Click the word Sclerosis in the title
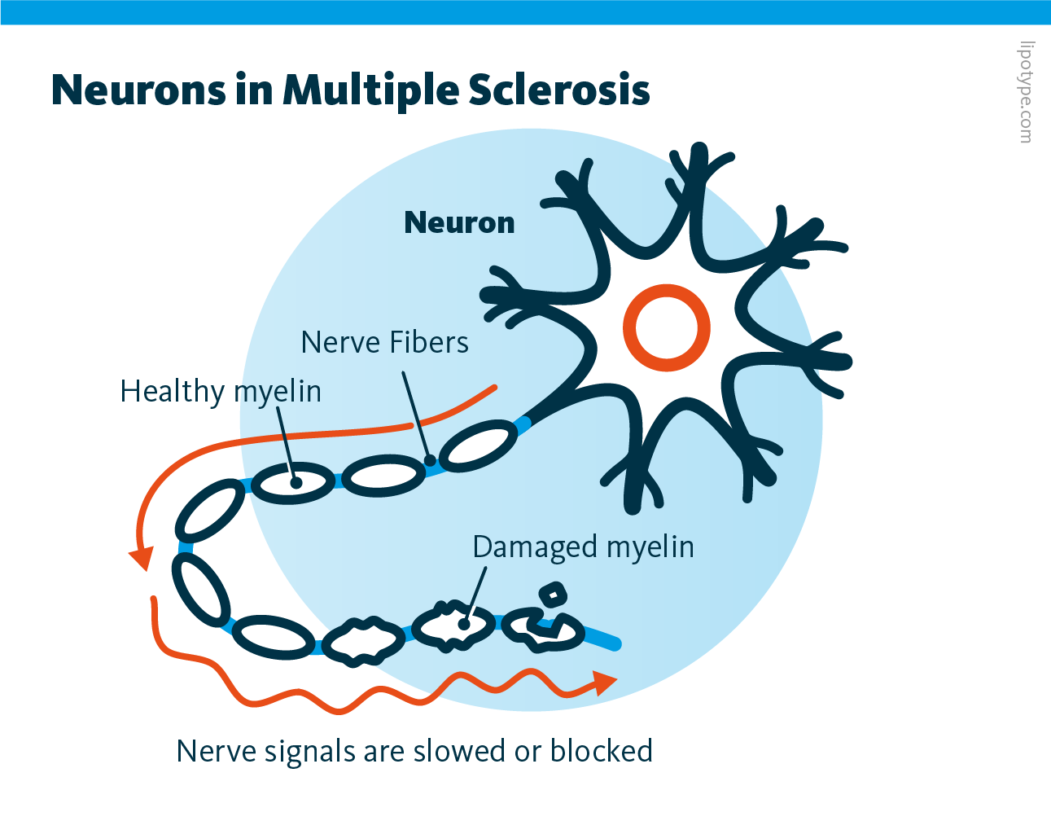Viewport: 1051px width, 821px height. (559, 90)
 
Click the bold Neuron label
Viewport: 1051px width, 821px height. (459, 222)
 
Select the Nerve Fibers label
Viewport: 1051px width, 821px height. (384, 343)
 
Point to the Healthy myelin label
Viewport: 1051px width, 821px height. (221, 392)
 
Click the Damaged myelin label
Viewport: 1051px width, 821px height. (583, 547)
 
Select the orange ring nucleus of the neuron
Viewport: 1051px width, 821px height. (667, 328)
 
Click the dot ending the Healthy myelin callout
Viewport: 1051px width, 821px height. (296, 482)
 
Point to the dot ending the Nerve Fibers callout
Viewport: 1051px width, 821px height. (430, 461)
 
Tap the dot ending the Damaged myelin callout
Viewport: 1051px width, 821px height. (464, 624)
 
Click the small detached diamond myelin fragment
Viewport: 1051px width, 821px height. (553, 594)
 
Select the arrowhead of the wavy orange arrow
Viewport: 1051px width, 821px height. (604, 683)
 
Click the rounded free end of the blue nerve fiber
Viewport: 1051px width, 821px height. (615, 644)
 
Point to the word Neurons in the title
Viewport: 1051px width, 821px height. (138, 90)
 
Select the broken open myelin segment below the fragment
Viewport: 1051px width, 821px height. (543, 630)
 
